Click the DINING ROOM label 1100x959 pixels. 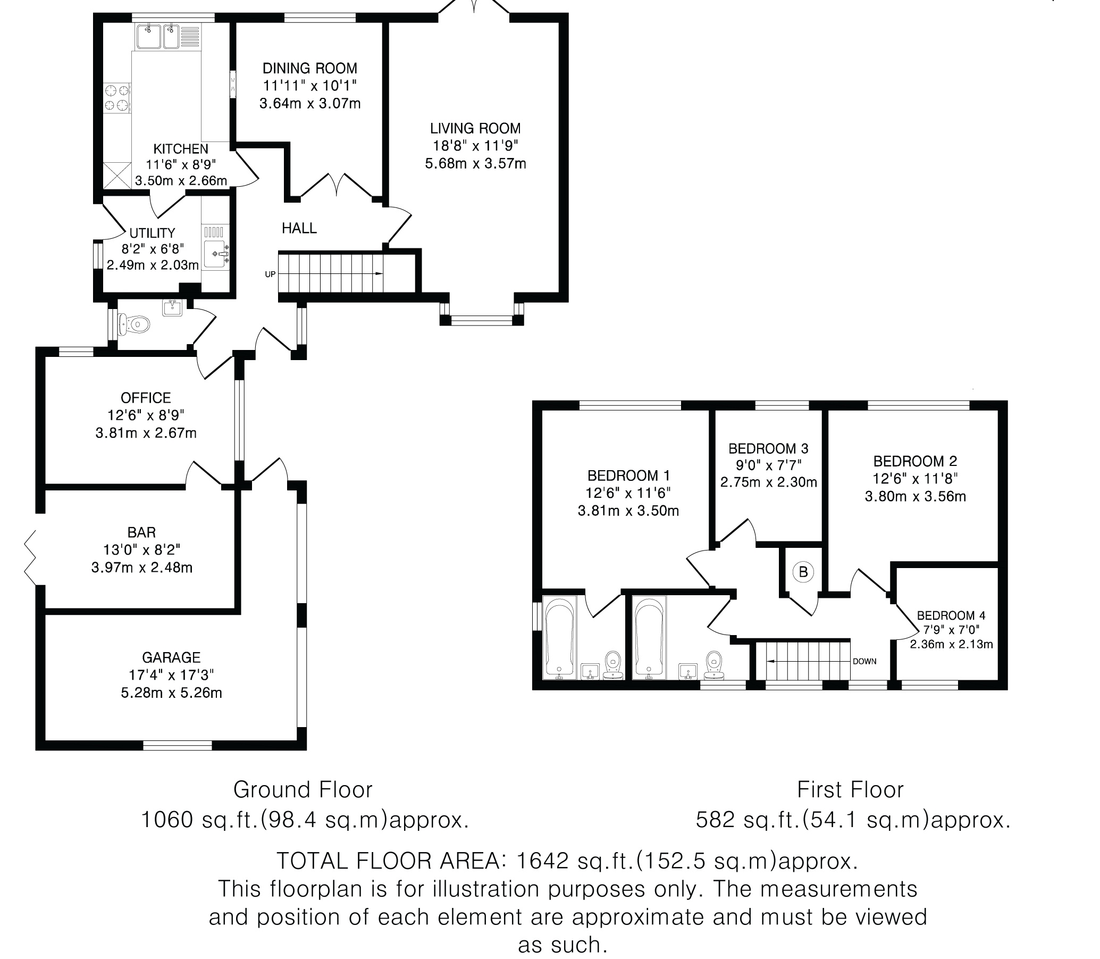click(x=310, y=69)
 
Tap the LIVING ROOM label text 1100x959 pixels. click(x=475, y=128)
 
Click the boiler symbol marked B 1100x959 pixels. click(x=802, y=572)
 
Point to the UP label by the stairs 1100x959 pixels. click(x=270, y=274)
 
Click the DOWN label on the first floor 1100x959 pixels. click(x=864, y=662)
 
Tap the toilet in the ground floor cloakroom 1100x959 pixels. click(x=135, y=324)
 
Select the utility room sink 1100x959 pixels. click(x=217, y=254)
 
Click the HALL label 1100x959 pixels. click(x=299, y=229)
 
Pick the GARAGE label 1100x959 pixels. click(x=171, y=657)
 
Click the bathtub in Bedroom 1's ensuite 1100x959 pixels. click(x=560, y=637)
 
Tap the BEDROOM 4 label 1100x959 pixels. click(x=951, y=615)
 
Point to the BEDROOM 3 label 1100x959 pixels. click(x=768, y=448)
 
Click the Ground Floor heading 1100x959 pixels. click(x=303, y=790)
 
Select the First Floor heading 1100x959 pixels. click(x=850, y=790)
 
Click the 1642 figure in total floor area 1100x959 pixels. click(x=542, y=861)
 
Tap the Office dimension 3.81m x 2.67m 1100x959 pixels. click(x=146, y=432)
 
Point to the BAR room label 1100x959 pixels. click(x=142, y=532)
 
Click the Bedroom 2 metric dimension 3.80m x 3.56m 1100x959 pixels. click(x=916, y=496)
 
